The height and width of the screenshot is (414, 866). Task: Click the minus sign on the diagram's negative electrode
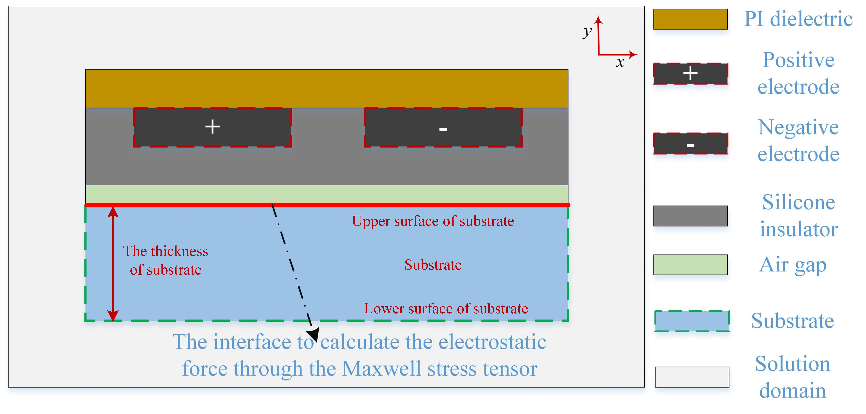[x=443, y=129]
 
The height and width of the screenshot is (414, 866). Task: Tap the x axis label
[x=620, y=62]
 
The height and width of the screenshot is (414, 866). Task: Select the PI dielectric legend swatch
[x=690, y=19]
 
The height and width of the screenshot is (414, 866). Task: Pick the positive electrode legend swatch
[x=690, y=73]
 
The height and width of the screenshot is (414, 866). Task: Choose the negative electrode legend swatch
[x=690, y=144]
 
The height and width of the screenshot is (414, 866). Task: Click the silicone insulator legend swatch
[x=690, y=216]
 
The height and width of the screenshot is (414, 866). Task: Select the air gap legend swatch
[x=690, y=265]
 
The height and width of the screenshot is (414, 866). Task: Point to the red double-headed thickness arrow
[x=113, y=264]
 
